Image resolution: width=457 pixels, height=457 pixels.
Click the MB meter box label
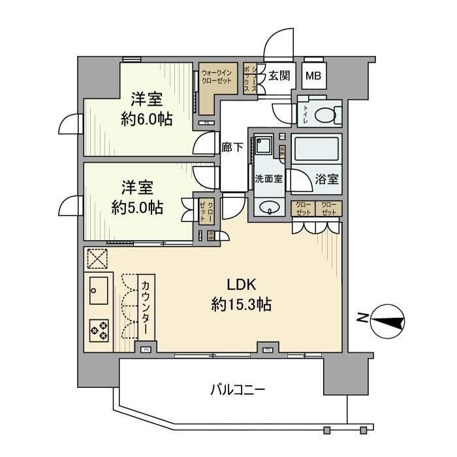[x=314, y=76]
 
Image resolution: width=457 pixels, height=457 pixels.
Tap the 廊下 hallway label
[x=234, y=147]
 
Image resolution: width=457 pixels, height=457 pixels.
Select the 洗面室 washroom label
[x=268, y=179]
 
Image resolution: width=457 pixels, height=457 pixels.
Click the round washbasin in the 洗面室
[x=268, y=208]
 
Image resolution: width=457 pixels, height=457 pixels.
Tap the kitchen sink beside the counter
[x=99, y=287]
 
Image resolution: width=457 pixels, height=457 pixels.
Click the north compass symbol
[x=385, y=319]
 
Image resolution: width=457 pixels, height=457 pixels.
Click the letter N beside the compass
[x=361, y=319]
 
